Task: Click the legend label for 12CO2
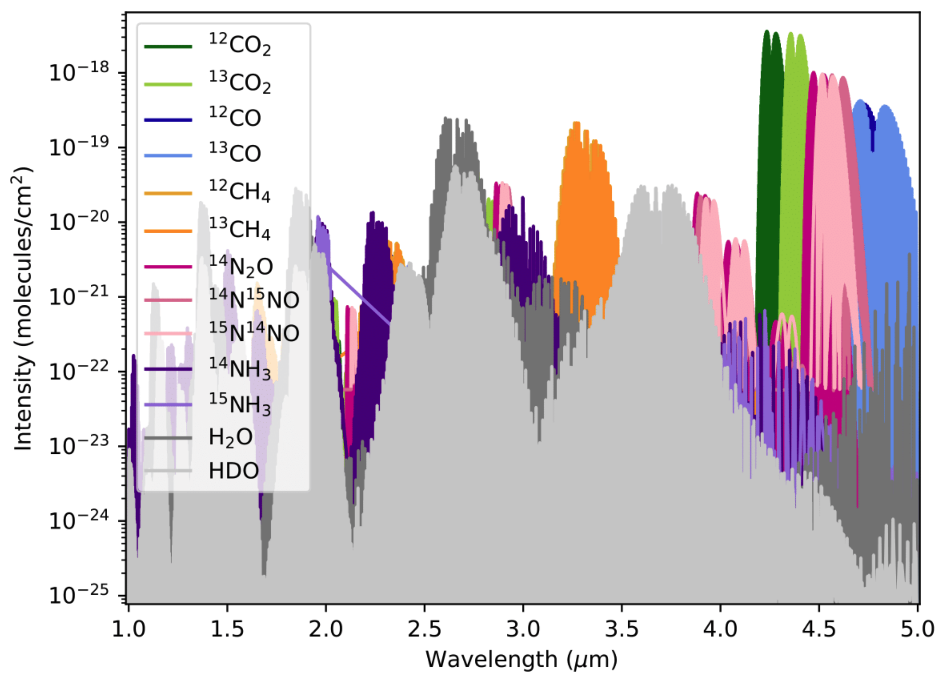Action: tap(240, 45)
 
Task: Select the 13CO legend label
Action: tap(235, 154)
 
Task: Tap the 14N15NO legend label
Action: tap(254, 298)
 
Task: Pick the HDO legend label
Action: tap(234, 471)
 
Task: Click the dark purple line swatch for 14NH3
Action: tap(168, 369)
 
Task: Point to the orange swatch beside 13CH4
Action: tap(168, 231)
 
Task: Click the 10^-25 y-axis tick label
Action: tap(79, 595)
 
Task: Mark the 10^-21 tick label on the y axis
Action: tap(79, 296)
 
